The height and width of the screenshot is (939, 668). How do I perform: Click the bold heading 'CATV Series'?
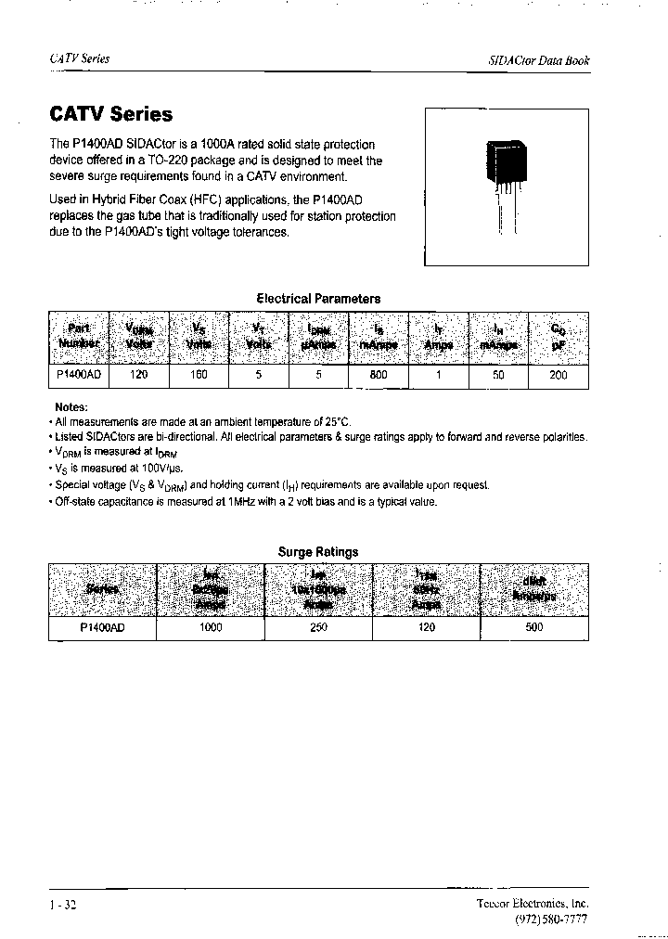[110, 115]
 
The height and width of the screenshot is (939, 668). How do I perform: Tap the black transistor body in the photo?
[507, 162]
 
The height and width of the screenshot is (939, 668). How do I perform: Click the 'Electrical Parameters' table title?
[318, 299]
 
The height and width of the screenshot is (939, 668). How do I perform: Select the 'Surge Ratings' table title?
[318, 552]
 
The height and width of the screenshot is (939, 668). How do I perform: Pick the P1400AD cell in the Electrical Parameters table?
[79, 376]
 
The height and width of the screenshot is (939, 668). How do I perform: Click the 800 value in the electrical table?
[378, 376]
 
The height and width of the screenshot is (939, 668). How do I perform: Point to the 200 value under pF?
[559, 376]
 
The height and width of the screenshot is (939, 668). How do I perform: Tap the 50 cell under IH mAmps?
[498, 376]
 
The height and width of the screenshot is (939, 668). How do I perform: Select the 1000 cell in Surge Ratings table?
[211, 628]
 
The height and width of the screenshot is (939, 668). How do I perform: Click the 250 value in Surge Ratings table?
[318, 628]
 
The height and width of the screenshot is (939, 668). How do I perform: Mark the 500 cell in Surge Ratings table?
[534, 628]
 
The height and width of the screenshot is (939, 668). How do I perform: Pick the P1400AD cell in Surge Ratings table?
[102, 628]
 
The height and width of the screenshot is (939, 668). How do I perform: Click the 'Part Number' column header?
[79, 336]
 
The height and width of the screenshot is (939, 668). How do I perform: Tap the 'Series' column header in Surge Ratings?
[102, 589]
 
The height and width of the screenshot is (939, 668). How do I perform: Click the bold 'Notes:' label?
[71, 406]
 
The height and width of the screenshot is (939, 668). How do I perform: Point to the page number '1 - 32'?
[62, 905]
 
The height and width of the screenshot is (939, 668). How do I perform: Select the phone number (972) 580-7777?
[550, 919]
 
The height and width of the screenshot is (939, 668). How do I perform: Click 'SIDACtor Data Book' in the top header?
[538, 60]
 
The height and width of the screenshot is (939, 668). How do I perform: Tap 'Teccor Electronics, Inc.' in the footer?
[533, 904]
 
